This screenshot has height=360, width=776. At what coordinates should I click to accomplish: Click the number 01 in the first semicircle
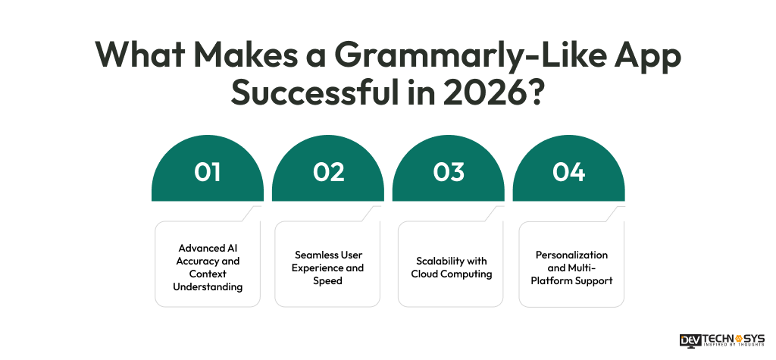[207, 173]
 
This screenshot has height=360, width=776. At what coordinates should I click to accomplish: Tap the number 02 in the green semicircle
[328, 173]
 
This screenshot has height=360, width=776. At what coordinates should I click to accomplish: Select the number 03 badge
[449, 173]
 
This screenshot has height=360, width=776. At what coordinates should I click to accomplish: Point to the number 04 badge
[568, 173]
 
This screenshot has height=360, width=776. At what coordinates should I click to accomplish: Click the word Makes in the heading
[246, 56]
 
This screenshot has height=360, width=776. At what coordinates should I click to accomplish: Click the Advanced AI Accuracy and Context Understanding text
[208, 268]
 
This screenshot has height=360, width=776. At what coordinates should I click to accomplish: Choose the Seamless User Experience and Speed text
[328, 268]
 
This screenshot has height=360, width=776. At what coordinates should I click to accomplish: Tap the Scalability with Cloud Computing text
[451, 268]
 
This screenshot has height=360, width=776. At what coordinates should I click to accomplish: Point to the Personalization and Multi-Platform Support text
[571, 268]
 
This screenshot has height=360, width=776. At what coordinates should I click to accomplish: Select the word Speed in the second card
[328, 280]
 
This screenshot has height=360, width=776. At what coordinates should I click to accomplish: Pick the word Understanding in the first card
[208, 286]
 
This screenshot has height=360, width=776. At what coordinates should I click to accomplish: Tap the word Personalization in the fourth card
[571, 255]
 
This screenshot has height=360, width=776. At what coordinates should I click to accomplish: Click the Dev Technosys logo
[721, 340]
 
